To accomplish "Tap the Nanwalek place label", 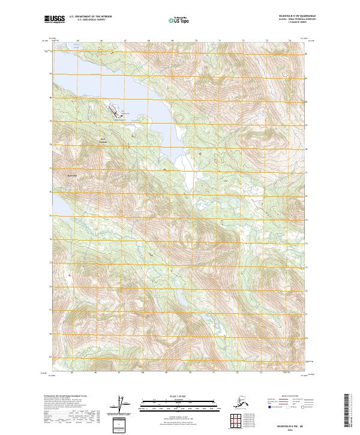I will [x=73, y=175].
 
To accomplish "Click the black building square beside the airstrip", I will [x=121, y=115].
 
